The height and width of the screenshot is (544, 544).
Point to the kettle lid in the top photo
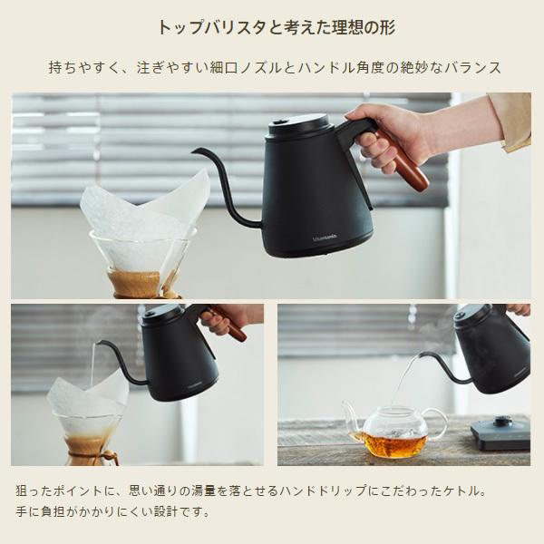(x=297, y=121)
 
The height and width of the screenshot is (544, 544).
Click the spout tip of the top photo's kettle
(x=195, y=151)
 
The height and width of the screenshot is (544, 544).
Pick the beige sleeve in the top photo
(x=511, y=118)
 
